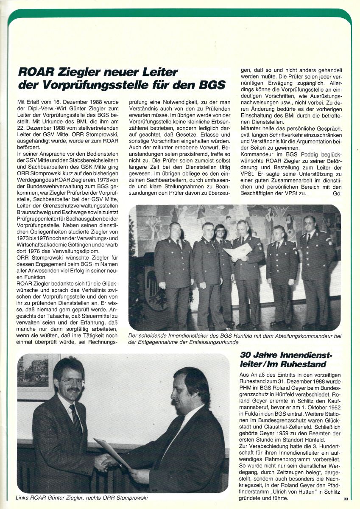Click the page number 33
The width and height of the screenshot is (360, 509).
coord(346,499)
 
